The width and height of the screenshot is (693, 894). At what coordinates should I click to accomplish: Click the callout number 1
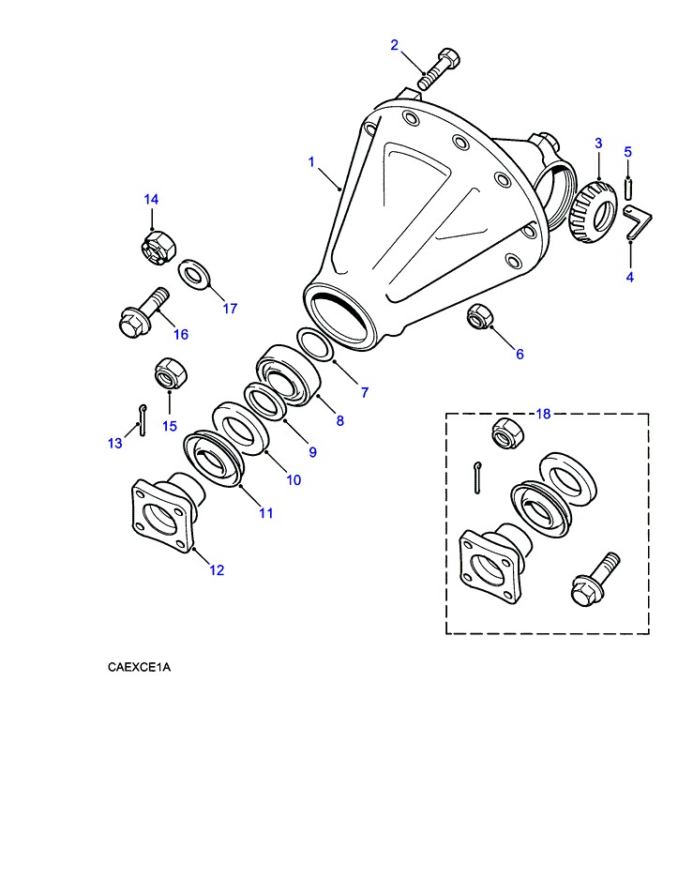pyautogui.click(x=311, y=162)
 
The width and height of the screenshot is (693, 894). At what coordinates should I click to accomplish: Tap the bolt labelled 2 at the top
pyautogui.click(x=436, y=68)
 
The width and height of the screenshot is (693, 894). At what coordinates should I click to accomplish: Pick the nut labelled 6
pyautogui.click(x=479, y=318)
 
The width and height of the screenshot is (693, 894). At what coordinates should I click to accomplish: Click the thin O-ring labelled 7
pyautogui.click(x=314, y=344)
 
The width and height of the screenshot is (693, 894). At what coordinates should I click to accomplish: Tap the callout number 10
pyautogui.click(x=294, y=480)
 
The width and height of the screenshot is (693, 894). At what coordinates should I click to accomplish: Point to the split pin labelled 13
pyautogui.click(x=140, y=419)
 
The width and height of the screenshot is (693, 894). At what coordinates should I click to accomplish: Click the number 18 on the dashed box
pyautogui.click(x=544, y=414)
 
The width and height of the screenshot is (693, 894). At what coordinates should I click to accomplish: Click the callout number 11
pyautogui.click(x=266, y=513)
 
